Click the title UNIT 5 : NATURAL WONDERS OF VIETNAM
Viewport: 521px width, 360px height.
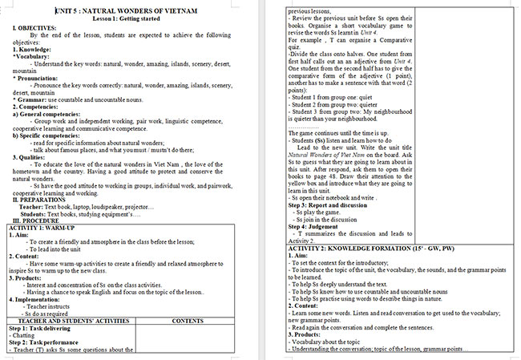(x=132, y=11)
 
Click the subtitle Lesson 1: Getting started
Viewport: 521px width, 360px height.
(x=131, y=18)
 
